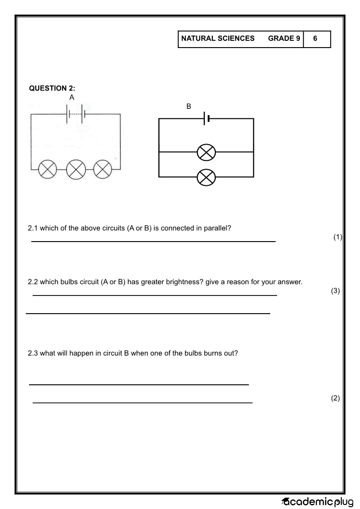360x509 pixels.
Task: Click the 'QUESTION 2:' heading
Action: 52,88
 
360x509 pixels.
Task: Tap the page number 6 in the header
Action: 315,39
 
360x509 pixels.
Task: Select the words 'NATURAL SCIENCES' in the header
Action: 218,39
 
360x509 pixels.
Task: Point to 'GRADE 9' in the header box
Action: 284,39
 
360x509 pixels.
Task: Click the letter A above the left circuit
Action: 72,97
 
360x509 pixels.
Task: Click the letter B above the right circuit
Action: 189,107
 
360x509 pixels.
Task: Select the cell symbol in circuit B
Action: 207,119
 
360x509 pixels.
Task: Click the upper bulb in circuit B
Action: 206,152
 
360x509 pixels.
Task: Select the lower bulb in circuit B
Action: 206,177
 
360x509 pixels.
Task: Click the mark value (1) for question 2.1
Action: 337,237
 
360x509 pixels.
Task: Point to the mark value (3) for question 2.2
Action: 335,291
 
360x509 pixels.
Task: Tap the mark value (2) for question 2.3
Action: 335,398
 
